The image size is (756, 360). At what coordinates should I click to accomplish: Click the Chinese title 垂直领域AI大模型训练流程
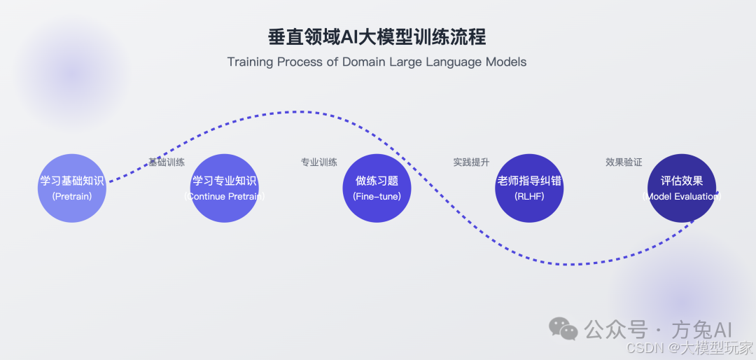377,36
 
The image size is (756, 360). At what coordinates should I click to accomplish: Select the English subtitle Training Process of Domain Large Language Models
377,62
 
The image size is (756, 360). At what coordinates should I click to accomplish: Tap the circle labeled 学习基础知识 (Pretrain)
72,188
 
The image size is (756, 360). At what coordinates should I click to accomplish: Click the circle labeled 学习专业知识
225,188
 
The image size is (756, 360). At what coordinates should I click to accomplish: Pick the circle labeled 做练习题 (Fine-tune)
377,188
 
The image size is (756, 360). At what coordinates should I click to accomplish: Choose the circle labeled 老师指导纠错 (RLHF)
529,188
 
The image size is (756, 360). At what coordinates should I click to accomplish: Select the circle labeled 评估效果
681,188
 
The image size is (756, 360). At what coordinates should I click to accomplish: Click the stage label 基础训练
167,162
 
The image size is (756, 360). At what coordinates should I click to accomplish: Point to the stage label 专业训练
319,162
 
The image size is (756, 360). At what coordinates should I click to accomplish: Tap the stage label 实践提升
471,162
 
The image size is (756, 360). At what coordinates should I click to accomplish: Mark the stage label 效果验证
624,162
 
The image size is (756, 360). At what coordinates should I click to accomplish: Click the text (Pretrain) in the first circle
72,197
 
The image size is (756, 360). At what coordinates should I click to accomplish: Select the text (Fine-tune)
377,197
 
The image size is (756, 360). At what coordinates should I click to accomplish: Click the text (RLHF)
529,197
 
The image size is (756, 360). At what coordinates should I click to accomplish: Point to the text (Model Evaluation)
681,197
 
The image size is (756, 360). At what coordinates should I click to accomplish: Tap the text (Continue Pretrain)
225,197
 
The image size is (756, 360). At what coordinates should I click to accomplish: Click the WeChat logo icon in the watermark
563,328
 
